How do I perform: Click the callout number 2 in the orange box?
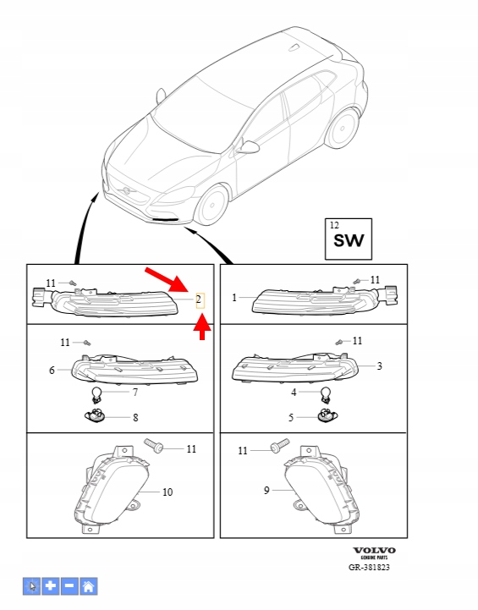tap(199, 300)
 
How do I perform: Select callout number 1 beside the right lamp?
tap(234, 298)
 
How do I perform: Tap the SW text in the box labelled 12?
tap(349, 240)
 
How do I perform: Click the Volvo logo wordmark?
tap(374, 550)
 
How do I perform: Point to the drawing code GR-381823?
tap(369, 567)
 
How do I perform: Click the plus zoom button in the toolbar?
tap(51, 585)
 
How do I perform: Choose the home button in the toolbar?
tap(88, 585)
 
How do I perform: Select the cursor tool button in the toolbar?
tap(31, 585)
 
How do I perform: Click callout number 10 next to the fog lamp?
tap(168, 492)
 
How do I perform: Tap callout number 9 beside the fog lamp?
tap(266, 490)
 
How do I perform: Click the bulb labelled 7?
tap(96, 395)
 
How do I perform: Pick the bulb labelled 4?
tap(325, 395)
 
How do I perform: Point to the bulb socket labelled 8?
tap(96, 416)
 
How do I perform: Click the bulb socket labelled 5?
tap(327, 416)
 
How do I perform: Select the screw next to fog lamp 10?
tap(154, 445)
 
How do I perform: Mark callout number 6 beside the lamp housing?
tap(52, 370)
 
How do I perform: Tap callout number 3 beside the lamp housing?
tap(379, 365)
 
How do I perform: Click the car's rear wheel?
tap(342, 128)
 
